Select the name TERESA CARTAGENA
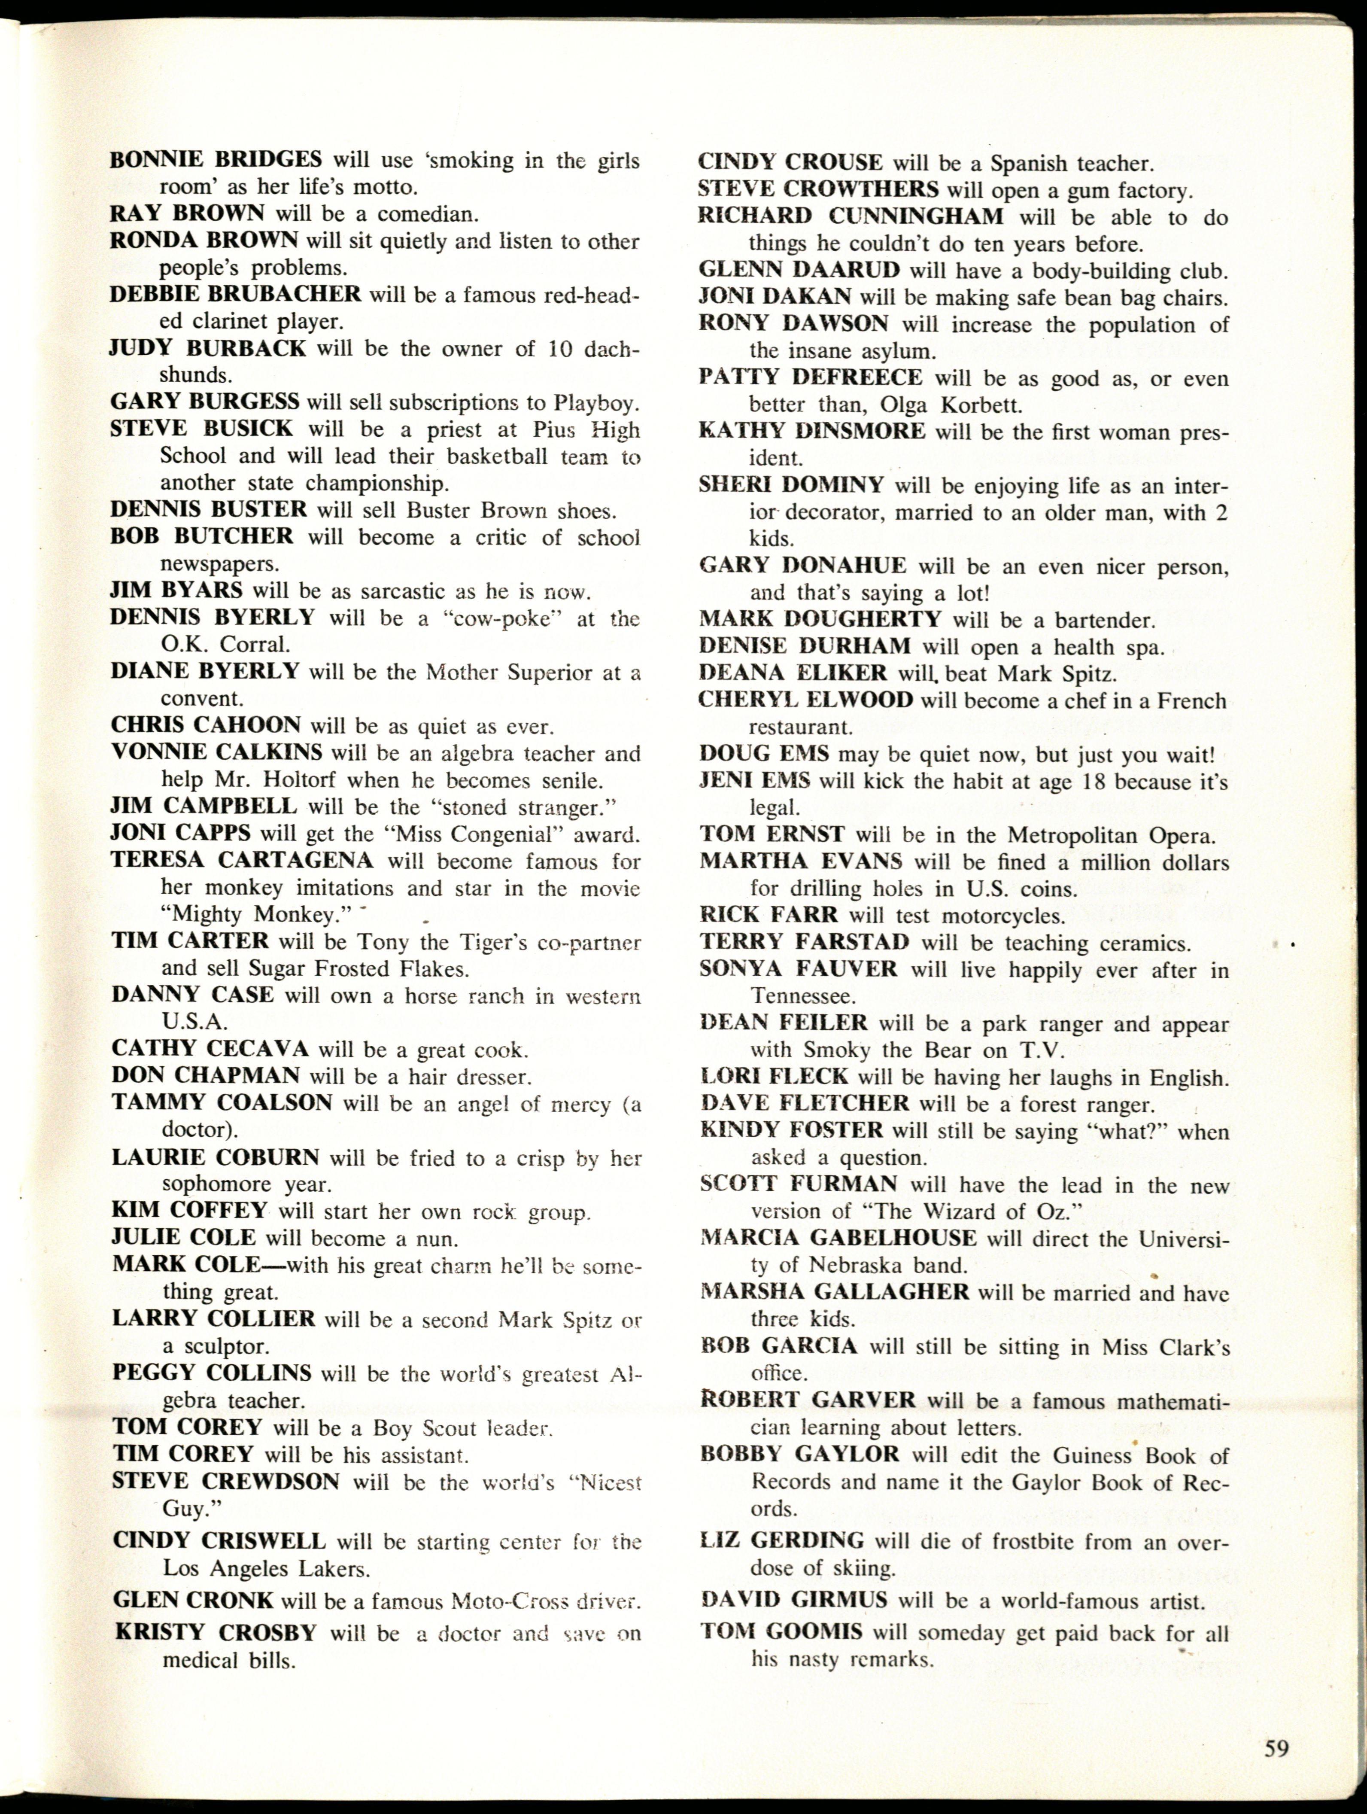[x=242, y=860]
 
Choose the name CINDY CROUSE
[x=790, y=162]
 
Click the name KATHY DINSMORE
[x=812, y=431]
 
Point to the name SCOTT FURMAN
[x=799, y=1184]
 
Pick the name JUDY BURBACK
[x=208, y=349]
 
